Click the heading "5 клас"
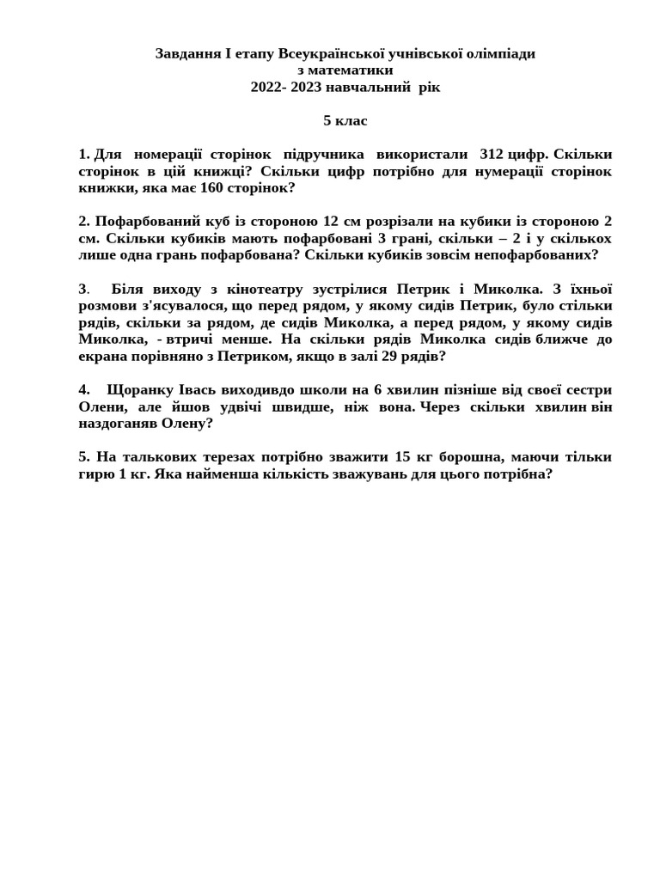(345, 121)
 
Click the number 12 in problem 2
(330, 222)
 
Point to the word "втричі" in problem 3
(187, 339)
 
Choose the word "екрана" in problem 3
(101, 356)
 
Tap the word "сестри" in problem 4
(588, 389)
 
